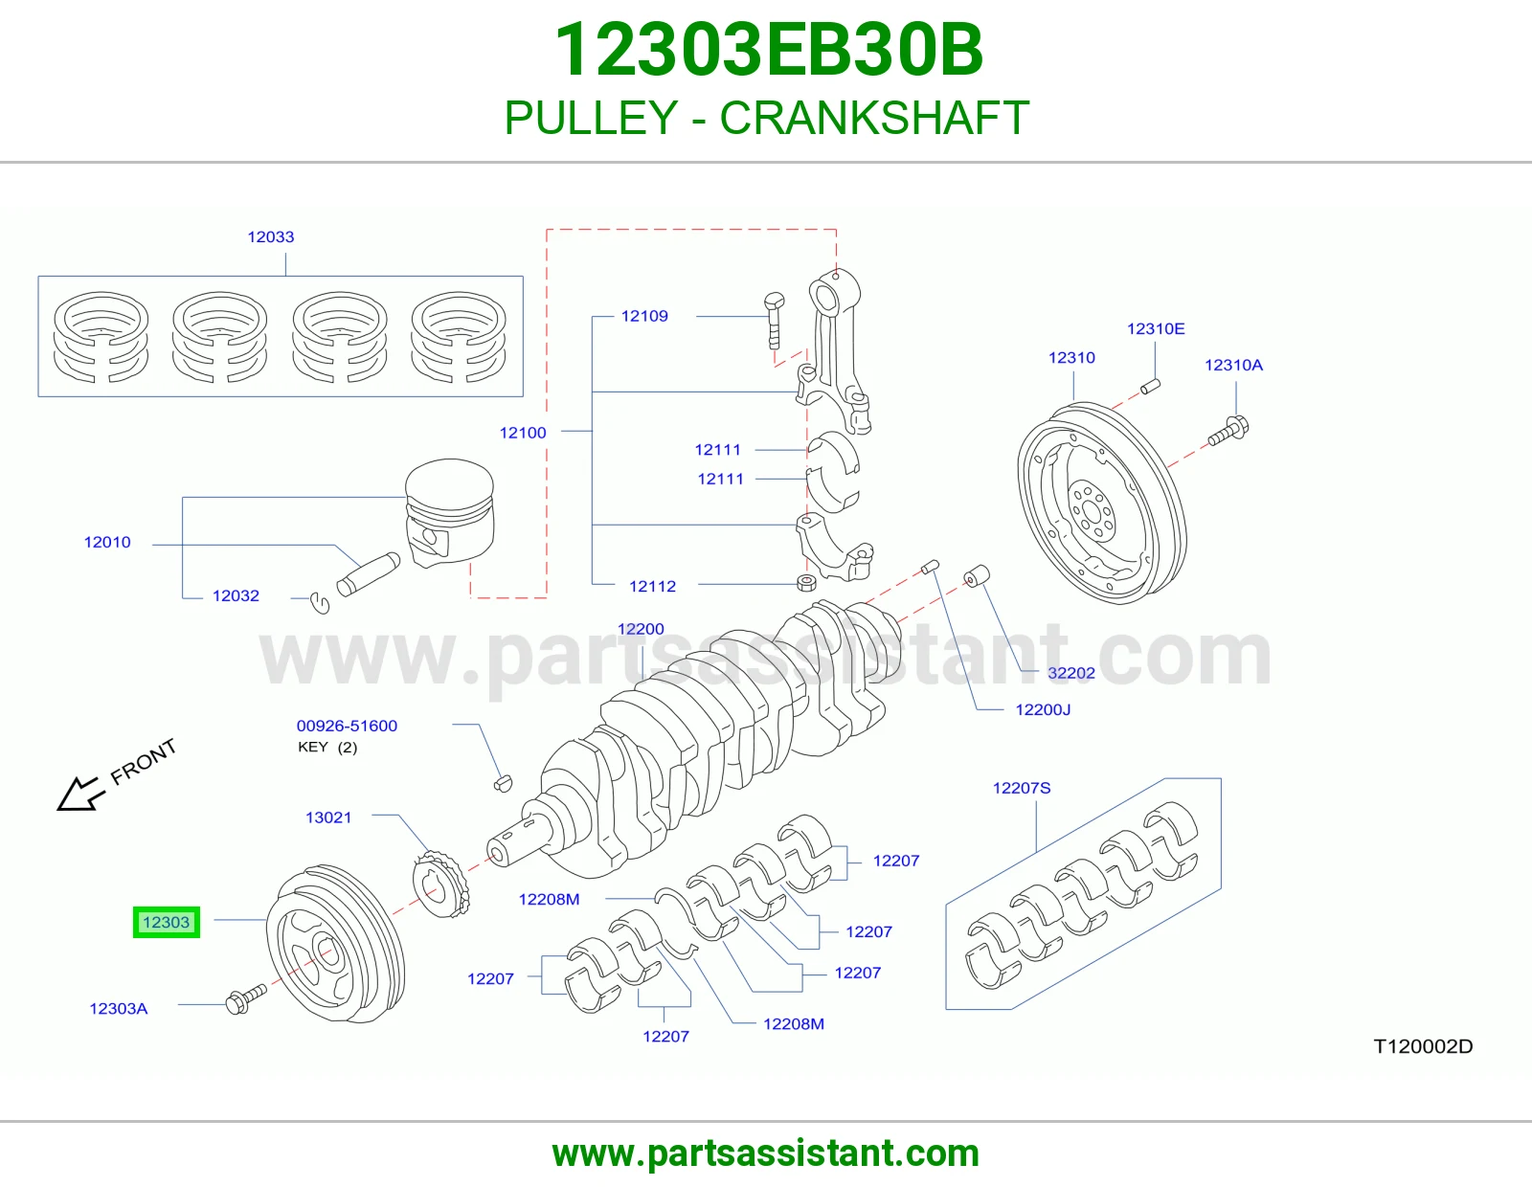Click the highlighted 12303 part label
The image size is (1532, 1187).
[x=167, y=922]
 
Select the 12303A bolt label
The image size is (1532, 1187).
[x=119, y=1009]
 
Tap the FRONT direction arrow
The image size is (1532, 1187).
[x=79, y=794]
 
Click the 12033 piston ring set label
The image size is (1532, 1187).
[x=271, y=236]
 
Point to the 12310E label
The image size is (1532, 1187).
[x=1156, y=328]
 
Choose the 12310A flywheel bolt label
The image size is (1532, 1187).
[x=1233, y=365]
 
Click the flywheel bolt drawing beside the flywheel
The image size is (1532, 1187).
[x=1228, y=432]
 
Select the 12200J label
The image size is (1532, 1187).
[x=1043, y=709]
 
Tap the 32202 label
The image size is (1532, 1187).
[x=1070, y=673]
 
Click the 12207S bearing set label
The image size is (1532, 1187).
[x=1022, y=788]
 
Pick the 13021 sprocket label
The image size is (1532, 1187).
[x=327, y=817]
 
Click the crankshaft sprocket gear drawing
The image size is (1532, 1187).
[x=440, y=885]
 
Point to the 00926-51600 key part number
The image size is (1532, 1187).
[x=347, y=726]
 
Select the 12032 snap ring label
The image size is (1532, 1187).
[x=236, y=596]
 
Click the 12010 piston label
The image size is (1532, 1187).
[x=107, y=543]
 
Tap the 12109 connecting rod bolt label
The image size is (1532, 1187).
[x=644, y=317]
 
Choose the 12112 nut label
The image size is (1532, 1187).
[x=652, y=587]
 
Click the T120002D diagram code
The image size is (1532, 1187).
[x=1423, y=1046]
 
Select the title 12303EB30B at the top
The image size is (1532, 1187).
[x=769, y=50]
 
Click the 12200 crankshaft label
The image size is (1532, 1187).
[x=641, y=629]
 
